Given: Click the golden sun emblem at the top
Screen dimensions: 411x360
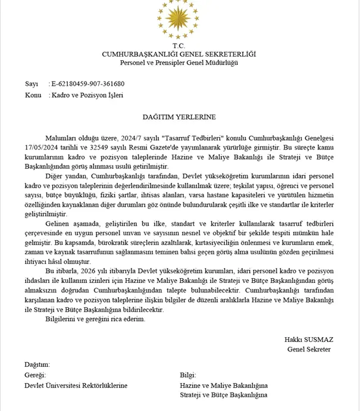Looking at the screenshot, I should tap(179, 20).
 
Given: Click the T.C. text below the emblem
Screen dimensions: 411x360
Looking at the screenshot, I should tap(179, 46).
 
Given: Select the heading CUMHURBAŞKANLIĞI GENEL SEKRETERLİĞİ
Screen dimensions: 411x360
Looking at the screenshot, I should tap(179, 54).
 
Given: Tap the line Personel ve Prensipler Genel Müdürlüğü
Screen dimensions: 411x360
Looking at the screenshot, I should tap(179, 63).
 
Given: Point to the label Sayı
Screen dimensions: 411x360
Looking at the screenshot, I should tap(31, 83).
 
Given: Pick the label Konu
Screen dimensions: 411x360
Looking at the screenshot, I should tap(33, 95).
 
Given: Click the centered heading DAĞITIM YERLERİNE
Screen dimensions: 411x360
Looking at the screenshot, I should tap(179, 117).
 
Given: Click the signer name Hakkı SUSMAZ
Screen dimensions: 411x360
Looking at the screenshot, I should tap(308, 340).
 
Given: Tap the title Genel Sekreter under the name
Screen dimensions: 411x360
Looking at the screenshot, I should tap(308, 349).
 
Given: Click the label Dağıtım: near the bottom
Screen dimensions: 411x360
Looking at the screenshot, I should tap(37, 365).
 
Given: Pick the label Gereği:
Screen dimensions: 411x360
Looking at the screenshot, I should tap(35, 375).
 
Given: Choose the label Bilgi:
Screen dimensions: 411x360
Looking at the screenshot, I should tap(188, 375).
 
